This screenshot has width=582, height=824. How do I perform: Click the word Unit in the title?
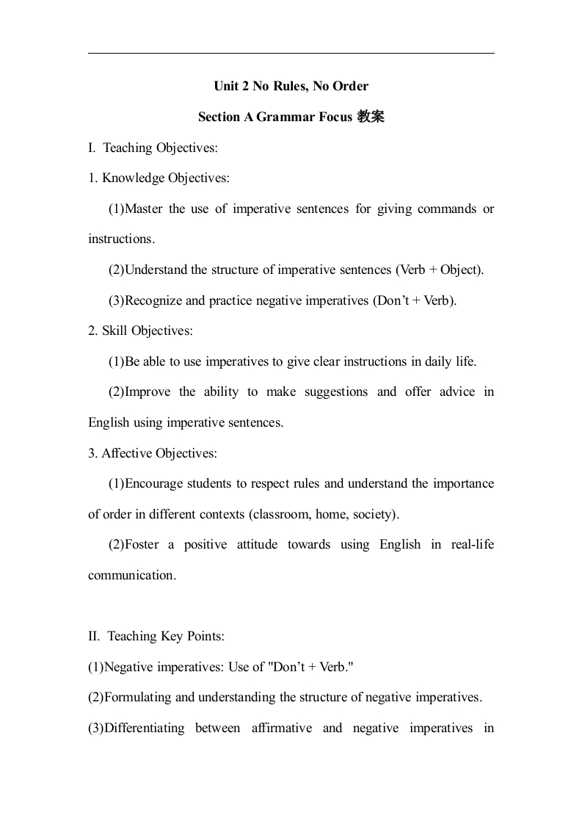tap(225, 87)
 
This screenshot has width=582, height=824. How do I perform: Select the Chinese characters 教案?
tap(371, 117)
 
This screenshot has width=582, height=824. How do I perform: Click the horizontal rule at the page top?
tap(291, 54)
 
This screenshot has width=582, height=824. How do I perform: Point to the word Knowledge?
tap(134, 178)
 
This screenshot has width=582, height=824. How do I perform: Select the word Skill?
tap(115, 330)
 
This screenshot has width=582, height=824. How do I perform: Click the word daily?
tap(421, 361)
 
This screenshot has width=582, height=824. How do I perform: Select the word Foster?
tap(143, 544)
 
